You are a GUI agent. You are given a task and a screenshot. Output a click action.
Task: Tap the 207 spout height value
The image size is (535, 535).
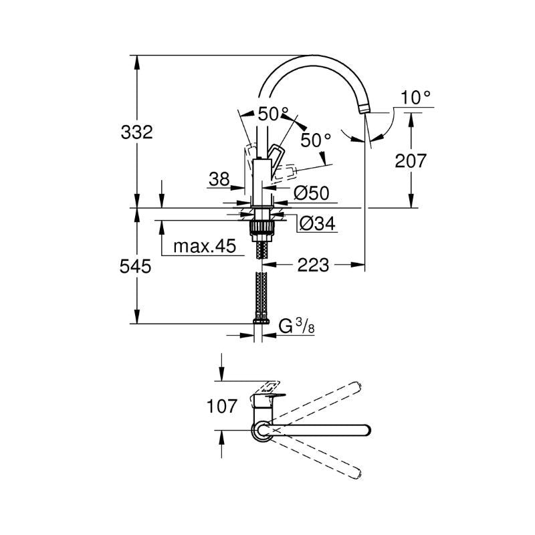click(409, 160)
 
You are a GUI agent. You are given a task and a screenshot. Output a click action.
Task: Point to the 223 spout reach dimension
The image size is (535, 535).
click(313, 265)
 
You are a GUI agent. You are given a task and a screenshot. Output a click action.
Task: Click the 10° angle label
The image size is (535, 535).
click(415, 98)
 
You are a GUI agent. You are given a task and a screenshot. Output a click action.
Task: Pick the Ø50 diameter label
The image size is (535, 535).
click(312, 193)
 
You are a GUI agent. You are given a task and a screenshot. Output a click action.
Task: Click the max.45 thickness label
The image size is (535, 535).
click(205, 247)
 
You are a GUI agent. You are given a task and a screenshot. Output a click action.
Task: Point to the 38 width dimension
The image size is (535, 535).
click(219, 179)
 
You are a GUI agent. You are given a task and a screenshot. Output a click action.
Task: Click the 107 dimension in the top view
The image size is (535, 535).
click(221, 405)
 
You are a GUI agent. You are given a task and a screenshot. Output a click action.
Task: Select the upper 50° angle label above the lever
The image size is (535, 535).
click(274, 114)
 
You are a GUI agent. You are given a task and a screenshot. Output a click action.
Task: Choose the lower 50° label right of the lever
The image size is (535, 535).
click(316, 140)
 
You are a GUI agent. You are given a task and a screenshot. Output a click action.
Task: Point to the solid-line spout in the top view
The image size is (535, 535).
click(321, 429)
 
